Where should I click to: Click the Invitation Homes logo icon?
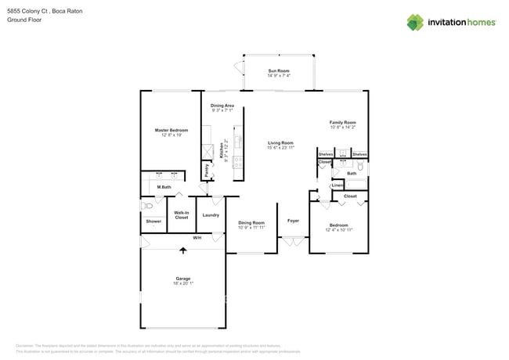tap(414, 22)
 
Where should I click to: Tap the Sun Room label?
tap(279, 70)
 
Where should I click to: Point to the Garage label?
tap(183, 279)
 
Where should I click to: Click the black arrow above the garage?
tap(184, 251)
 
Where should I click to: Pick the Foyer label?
tap(293, 221)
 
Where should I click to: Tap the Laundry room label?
tap(211, 215)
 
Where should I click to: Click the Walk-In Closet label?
tap(181, 215)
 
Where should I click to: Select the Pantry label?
tap(207, 168)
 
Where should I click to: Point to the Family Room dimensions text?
tap(343, 128)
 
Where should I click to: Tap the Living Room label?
tap(280, 142)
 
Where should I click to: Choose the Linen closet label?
tap(338, 185)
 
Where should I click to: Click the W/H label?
tap(197, 238)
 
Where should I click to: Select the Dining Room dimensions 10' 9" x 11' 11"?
tap(251, 228)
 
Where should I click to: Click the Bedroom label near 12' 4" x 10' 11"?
tap(338, 225)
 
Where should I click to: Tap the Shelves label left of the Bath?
tap(326, 155)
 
